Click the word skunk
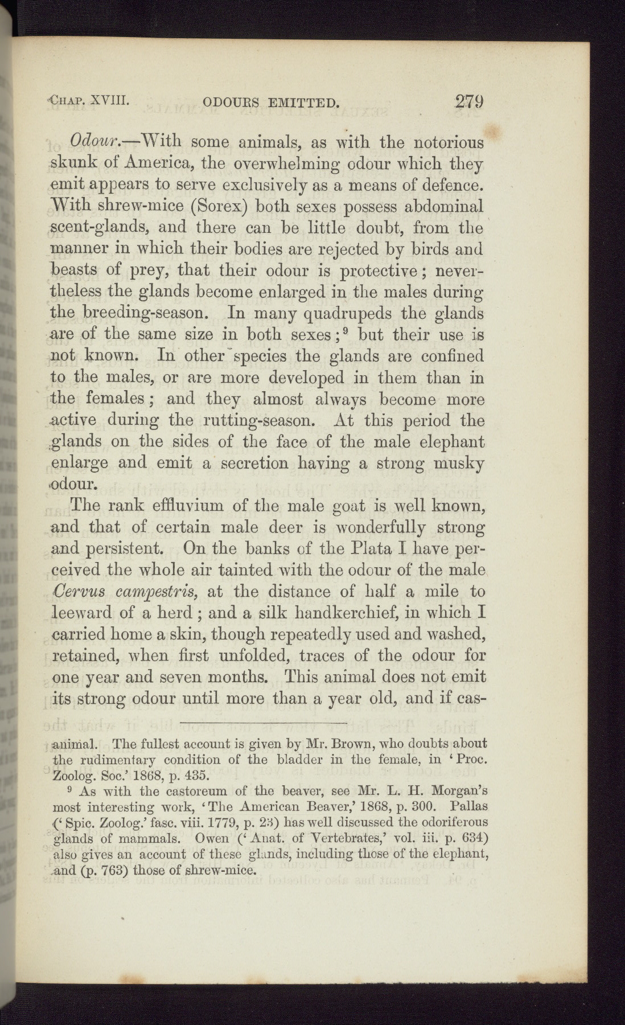point(72,164)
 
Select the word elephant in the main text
point(452,442)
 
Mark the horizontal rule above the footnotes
point(263,723)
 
